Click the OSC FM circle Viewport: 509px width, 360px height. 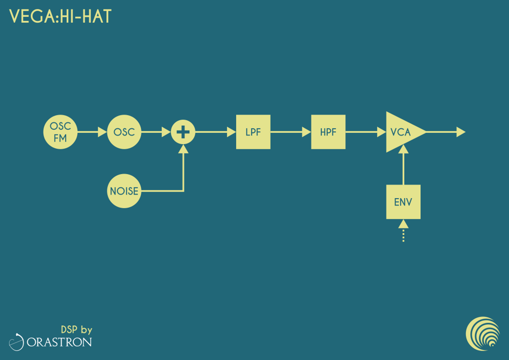coord(61,132)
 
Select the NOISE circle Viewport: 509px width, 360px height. coord(124,191)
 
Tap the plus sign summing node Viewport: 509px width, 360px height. coord(183,132)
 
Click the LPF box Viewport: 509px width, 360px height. coord(253,132)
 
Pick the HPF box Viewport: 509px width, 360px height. coord(328,132)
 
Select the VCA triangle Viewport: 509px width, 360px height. coord(403,132)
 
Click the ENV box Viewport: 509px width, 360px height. coord(403,202)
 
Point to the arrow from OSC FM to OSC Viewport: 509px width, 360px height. coord(92,132)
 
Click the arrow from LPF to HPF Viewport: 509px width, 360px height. coord(291,132)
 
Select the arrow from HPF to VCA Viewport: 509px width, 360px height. coord(366,132)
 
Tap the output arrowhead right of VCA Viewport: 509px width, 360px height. coord(461,132)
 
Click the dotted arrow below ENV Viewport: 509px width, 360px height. coord(403,231)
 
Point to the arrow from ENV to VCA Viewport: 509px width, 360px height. coord(403,165)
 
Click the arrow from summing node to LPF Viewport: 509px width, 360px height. coord(215,132)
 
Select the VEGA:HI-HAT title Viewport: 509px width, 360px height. coord(61,16)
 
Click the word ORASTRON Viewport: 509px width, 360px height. coord(60,342)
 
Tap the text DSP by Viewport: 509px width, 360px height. coord(77,330)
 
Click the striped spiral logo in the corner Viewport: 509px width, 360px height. coord(483,334)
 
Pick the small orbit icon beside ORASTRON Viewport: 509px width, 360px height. coord(17,342)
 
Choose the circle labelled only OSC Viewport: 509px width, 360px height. coord(124,132)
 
